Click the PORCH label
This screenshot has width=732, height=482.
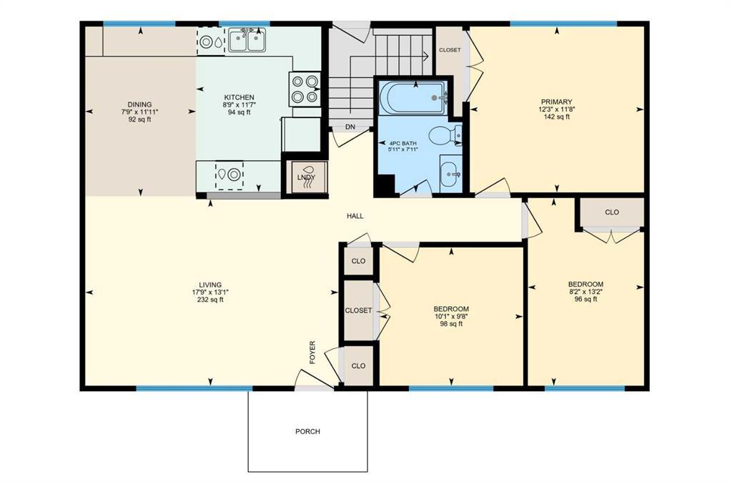click(x=307, y=431)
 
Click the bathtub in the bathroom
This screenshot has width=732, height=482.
click(x=412, y=97)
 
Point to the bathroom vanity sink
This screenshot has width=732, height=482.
click(x=451, y=174)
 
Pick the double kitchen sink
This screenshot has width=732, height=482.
click(x=247, y=40)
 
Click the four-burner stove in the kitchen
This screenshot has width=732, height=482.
click(x=305, y=89)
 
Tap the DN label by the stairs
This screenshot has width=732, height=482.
click(x=350, y=127)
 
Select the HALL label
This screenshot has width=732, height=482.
click(x=355, y=216)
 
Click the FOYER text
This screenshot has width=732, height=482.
click(x=312, y=352)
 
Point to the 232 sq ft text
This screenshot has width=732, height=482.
click(x=210, y=300)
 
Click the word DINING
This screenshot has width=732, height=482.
click(x=139, y=104)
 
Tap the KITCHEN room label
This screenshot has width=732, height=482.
click(x=239, y=97)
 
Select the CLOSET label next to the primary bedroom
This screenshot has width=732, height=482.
click(x=450, y=50)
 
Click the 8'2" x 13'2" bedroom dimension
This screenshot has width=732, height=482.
click(x=585, y=292)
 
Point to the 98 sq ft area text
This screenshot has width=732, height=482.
click(x=451, y=324)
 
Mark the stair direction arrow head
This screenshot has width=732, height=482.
click(x=426, y=56)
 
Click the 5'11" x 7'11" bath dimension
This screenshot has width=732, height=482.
click(x=402, y=149)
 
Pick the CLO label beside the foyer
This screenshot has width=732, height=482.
click(x=359, y=365)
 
